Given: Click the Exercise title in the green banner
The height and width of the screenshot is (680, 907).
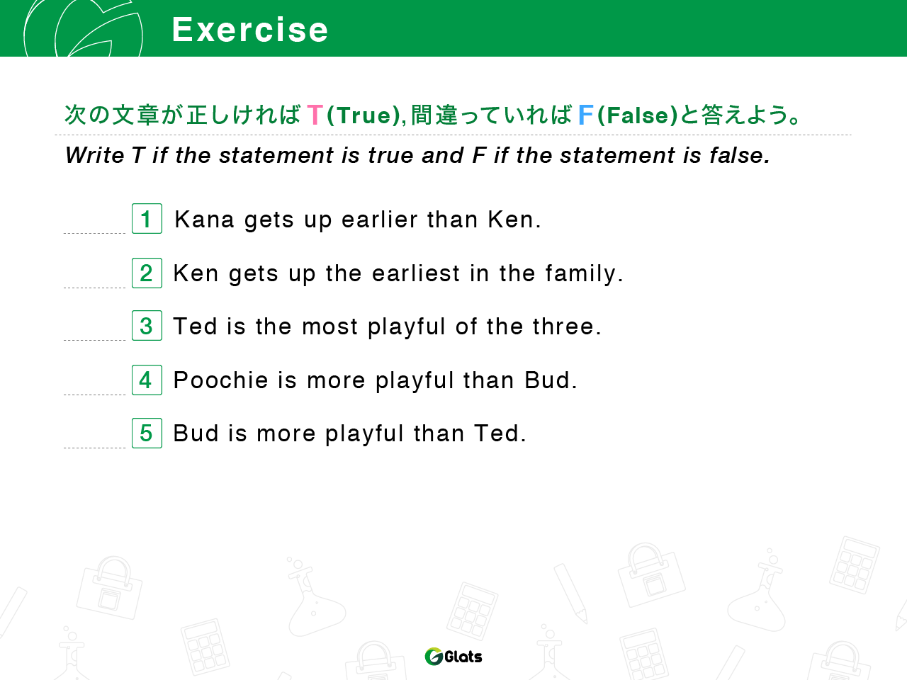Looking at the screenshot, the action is pyautogui.click(x=250, y=30).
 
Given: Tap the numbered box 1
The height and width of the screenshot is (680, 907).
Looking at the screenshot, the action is pyautogui.click(x=147, y=218).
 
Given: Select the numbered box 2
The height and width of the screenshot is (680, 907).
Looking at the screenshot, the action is pyautogui.click(x=147, y=273).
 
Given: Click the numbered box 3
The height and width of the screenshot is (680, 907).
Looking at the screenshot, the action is pyautogui.click(x=147, y=325).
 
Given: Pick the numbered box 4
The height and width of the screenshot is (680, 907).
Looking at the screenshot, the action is pyautogui.click(x=147, y=380).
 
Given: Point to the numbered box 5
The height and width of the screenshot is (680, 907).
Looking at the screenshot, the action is pyautogui.click(x=147, y=433).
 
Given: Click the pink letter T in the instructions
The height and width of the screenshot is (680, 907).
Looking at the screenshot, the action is pyautogui.click(x=315, y=115).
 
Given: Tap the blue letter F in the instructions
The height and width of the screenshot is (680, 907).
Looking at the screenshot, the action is pyautogui.click(x=585, y=115).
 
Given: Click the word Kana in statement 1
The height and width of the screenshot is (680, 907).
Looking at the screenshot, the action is pyautogui.click(x=204, y=220).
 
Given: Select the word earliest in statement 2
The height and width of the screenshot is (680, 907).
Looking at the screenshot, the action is pyautogui.click(x=416, y=273).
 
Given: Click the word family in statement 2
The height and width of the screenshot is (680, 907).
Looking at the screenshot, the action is pyautogui.click(x=583, y=274).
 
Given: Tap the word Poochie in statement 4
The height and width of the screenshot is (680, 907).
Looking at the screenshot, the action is pyautogui.click(x=220, y=380).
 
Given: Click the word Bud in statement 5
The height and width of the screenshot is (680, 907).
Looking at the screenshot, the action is pyautogui.click(x=196, y=433).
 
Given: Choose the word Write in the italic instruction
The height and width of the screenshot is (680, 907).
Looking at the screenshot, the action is pyautogui.click(x=95, y=155).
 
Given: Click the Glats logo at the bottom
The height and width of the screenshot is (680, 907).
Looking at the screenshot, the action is pyautogui.click(x=453, y=657).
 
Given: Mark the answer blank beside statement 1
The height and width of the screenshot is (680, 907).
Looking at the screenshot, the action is pyautogui.click(x=95, y=233).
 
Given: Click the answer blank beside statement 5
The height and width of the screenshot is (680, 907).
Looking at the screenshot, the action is pyautogui.click(x=95, y=448).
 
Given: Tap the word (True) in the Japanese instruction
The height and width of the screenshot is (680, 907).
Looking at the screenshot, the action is pyautogui.click(x=364, y=115).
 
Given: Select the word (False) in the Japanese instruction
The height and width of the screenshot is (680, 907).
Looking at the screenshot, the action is pyautogui.click(x=638, y=115).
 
